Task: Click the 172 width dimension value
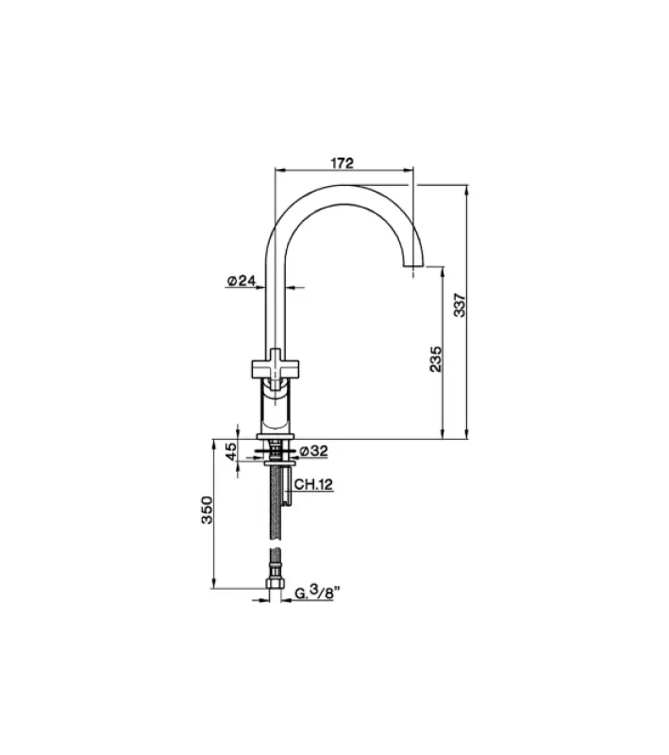tap(342, 162)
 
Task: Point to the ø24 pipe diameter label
tap(242, 280)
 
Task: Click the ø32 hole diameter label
tap(313, 451)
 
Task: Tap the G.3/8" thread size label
tap(317, 594)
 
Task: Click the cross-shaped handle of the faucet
tap(275, 363)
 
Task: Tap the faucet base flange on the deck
tap(276, 437)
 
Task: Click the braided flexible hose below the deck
tap(276, 519)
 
